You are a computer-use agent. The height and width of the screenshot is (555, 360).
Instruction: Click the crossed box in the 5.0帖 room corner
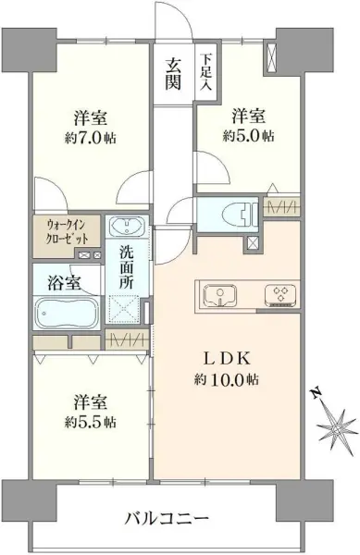[272, 56]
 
